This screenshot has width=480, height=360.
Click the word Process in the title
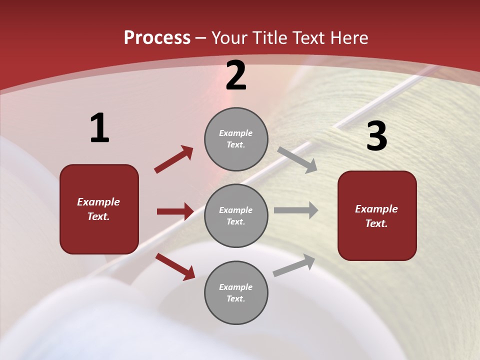click(157, 37)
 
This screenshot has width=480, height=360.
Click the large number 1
click(99, 128)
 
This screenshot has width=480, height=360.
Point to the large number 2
click(236, 76)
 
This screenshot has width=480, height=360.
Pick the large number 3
click(376, 136)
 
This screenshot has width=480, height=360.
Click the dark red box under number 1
click(99, 209)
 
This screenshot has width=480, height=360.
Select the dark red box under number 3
click(377, 216)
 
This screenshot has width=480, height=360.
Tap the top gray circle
click(236, 139)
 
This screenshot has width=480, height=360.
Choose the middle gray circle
click(236, 215)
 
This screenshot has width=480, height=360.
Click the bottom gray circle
click(236, 292)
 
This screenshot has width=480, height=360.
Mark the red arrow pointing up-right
click(174, 159)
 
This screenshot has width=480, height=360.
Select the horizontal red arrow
click(175, 211)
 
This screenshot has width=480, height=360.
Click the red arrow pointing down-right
click(175, 266)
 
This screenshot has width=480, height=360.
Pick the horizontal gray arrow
click(296, 210)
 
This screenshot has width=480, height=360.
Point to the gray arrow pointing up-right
click(294, 265)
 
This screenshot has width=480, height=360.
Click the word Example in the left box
click(98, 202)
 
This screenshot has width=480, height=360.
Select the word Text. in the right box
click(376, 223)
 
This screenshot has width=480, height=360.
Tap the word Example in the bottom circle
click(236, 287)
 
